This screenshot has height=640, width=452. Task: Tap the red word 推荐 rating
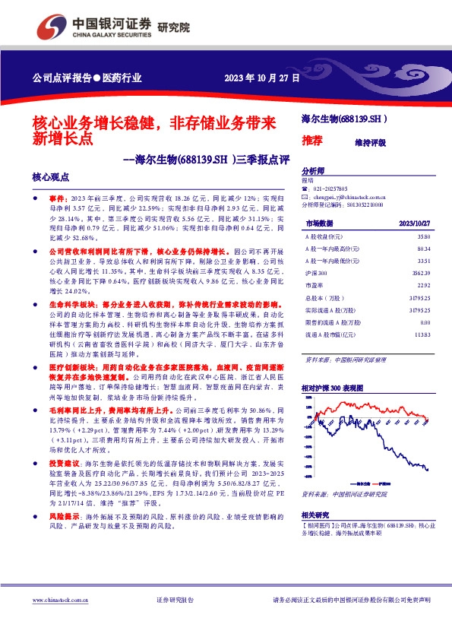coord(313,141)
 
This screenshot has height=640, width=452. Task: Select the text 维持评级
coord(370,142)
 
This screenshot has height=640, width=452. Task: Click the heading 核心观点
coord(50,176)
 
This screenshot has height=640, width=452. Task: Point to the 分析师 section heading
coord(313,171)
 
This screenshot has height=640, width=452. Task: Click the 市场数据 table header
coord(319,223)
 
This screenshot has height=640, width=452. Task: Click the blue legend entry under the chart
coord(359,482)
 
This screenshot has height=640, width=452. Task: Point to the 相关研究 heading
coord(315,515)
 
